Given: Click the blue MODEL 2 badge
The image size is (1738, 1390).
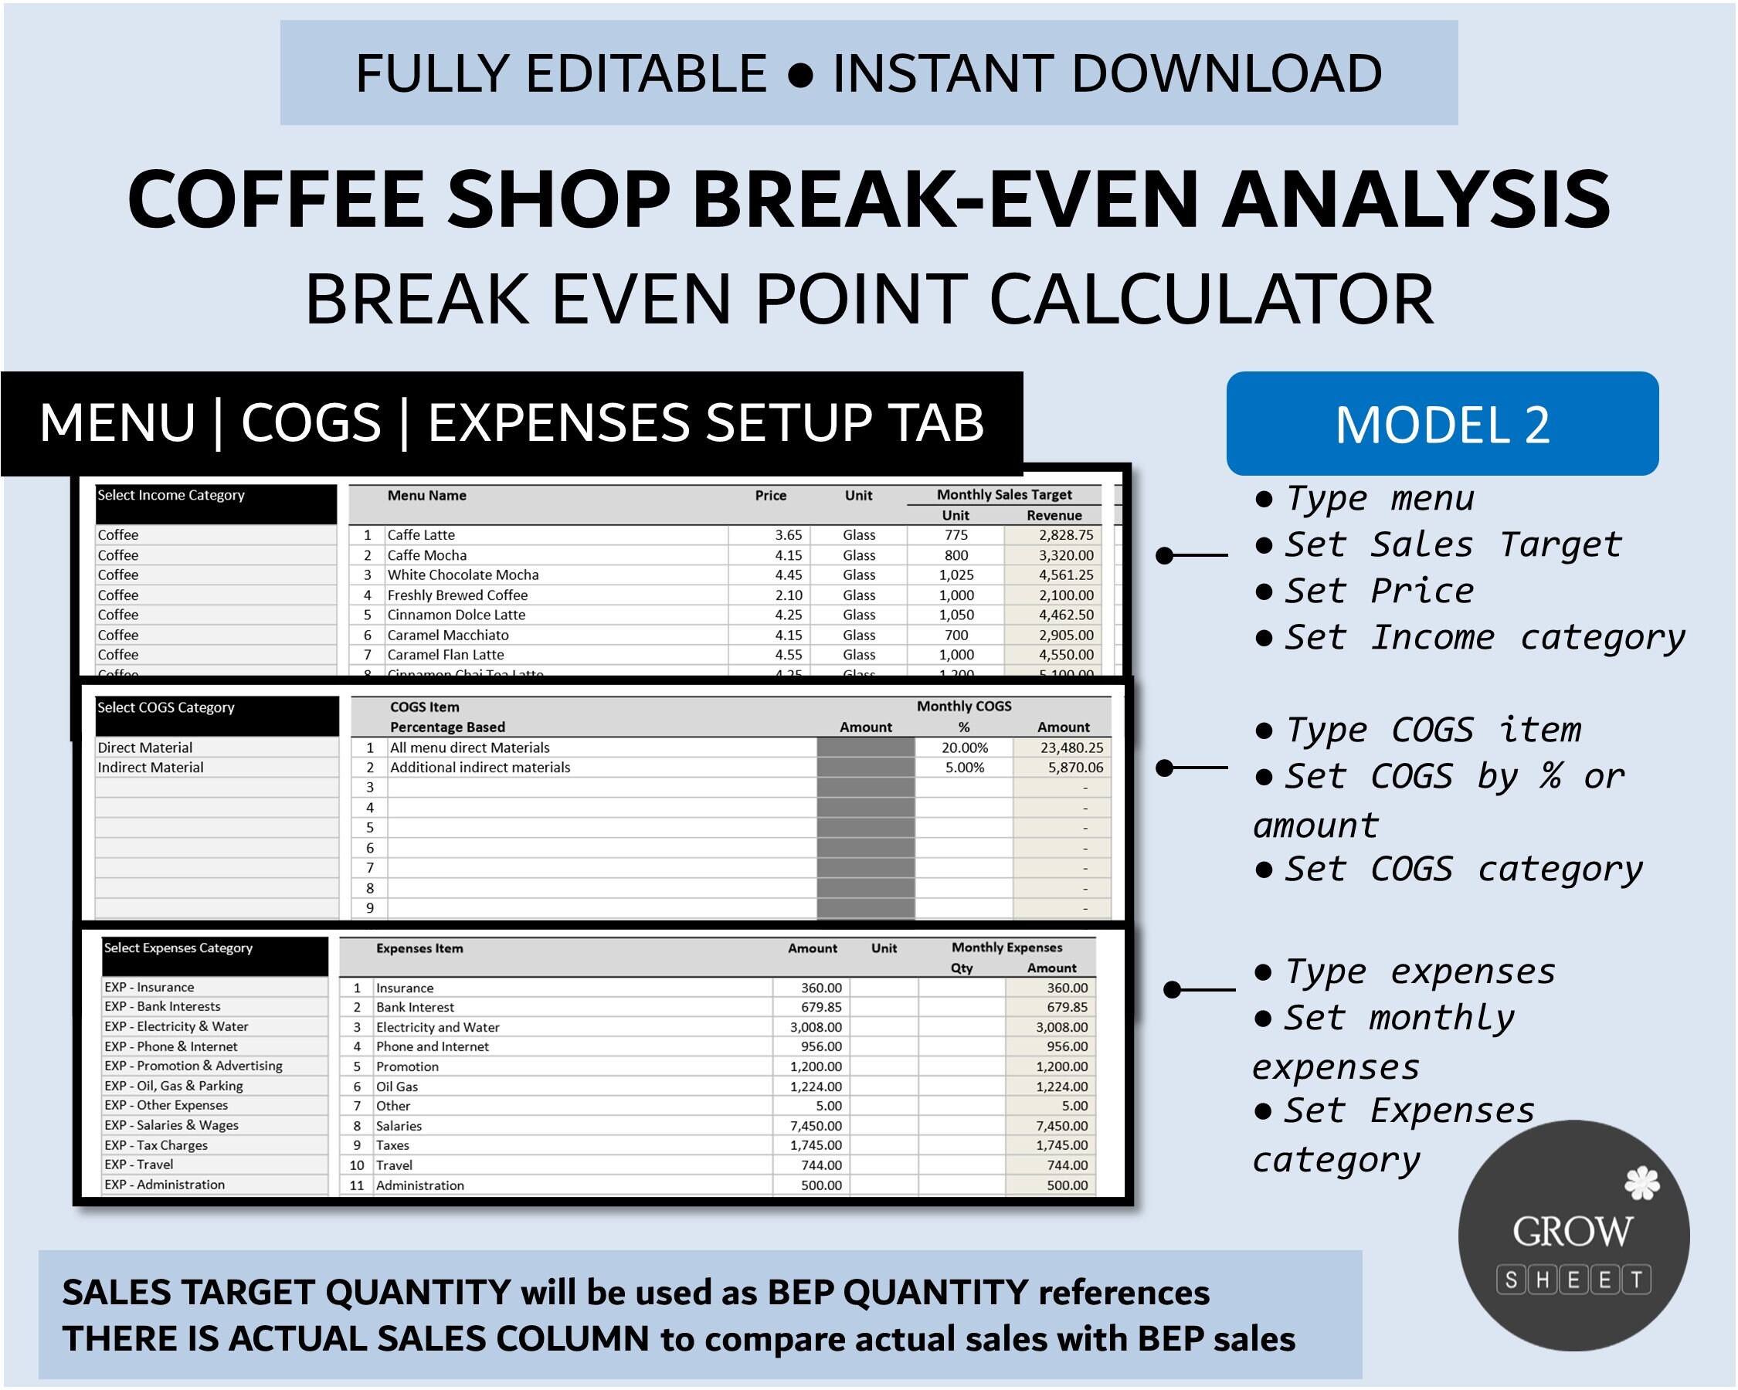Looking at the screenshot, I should pos(1442,424).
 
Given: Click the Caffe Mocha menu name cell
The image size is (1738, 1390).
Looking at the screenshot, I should pos(427,555).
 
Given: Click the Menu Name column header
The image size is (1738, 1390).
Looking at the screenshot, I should pos(426,496).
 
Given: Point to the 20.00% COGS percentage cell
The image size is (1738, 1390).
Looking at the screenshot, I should pos(964,748).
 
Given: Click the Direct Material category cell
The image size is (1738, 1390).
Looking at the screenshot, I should pos(145,748).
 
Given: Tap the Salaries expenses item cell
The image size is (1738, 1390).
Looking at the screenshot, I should pos(399,1126).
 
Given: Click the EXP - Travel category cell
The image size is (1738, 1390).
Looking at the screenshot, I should pos(138,1165).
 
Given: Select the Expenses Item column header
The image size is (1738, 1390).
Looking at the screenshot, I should pos(419,948).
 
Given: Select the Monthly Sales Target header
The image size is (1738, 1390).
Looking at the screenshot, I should pos(1003,495).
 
